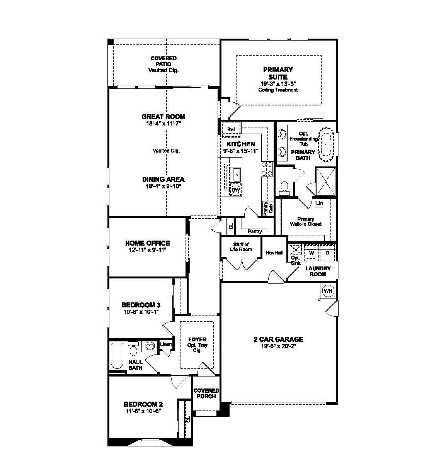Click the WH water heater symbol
(328, 291)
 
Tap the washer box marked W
(312, 253)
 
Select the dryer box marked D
(327, 253)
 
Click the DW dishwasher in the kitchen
(235, 190)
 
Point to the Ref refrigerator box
(231, 129)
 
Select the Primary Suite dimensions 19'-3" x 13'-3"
(278, 83)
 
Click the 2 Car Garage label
(278, 339)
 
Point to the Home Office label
(147, 243)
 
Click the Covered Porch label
(206, 393)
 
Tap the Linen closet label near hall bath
(166, 344)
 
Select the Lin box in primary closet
(319, 203)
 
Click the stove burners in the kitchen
(267, 169)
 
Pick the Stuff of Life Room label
(241, 247)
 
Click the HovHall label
(274, 253)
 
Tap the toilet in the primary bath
(285, 187)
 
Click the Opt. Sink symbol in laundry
(295, 249)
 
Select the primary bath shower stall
(325, 181)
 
